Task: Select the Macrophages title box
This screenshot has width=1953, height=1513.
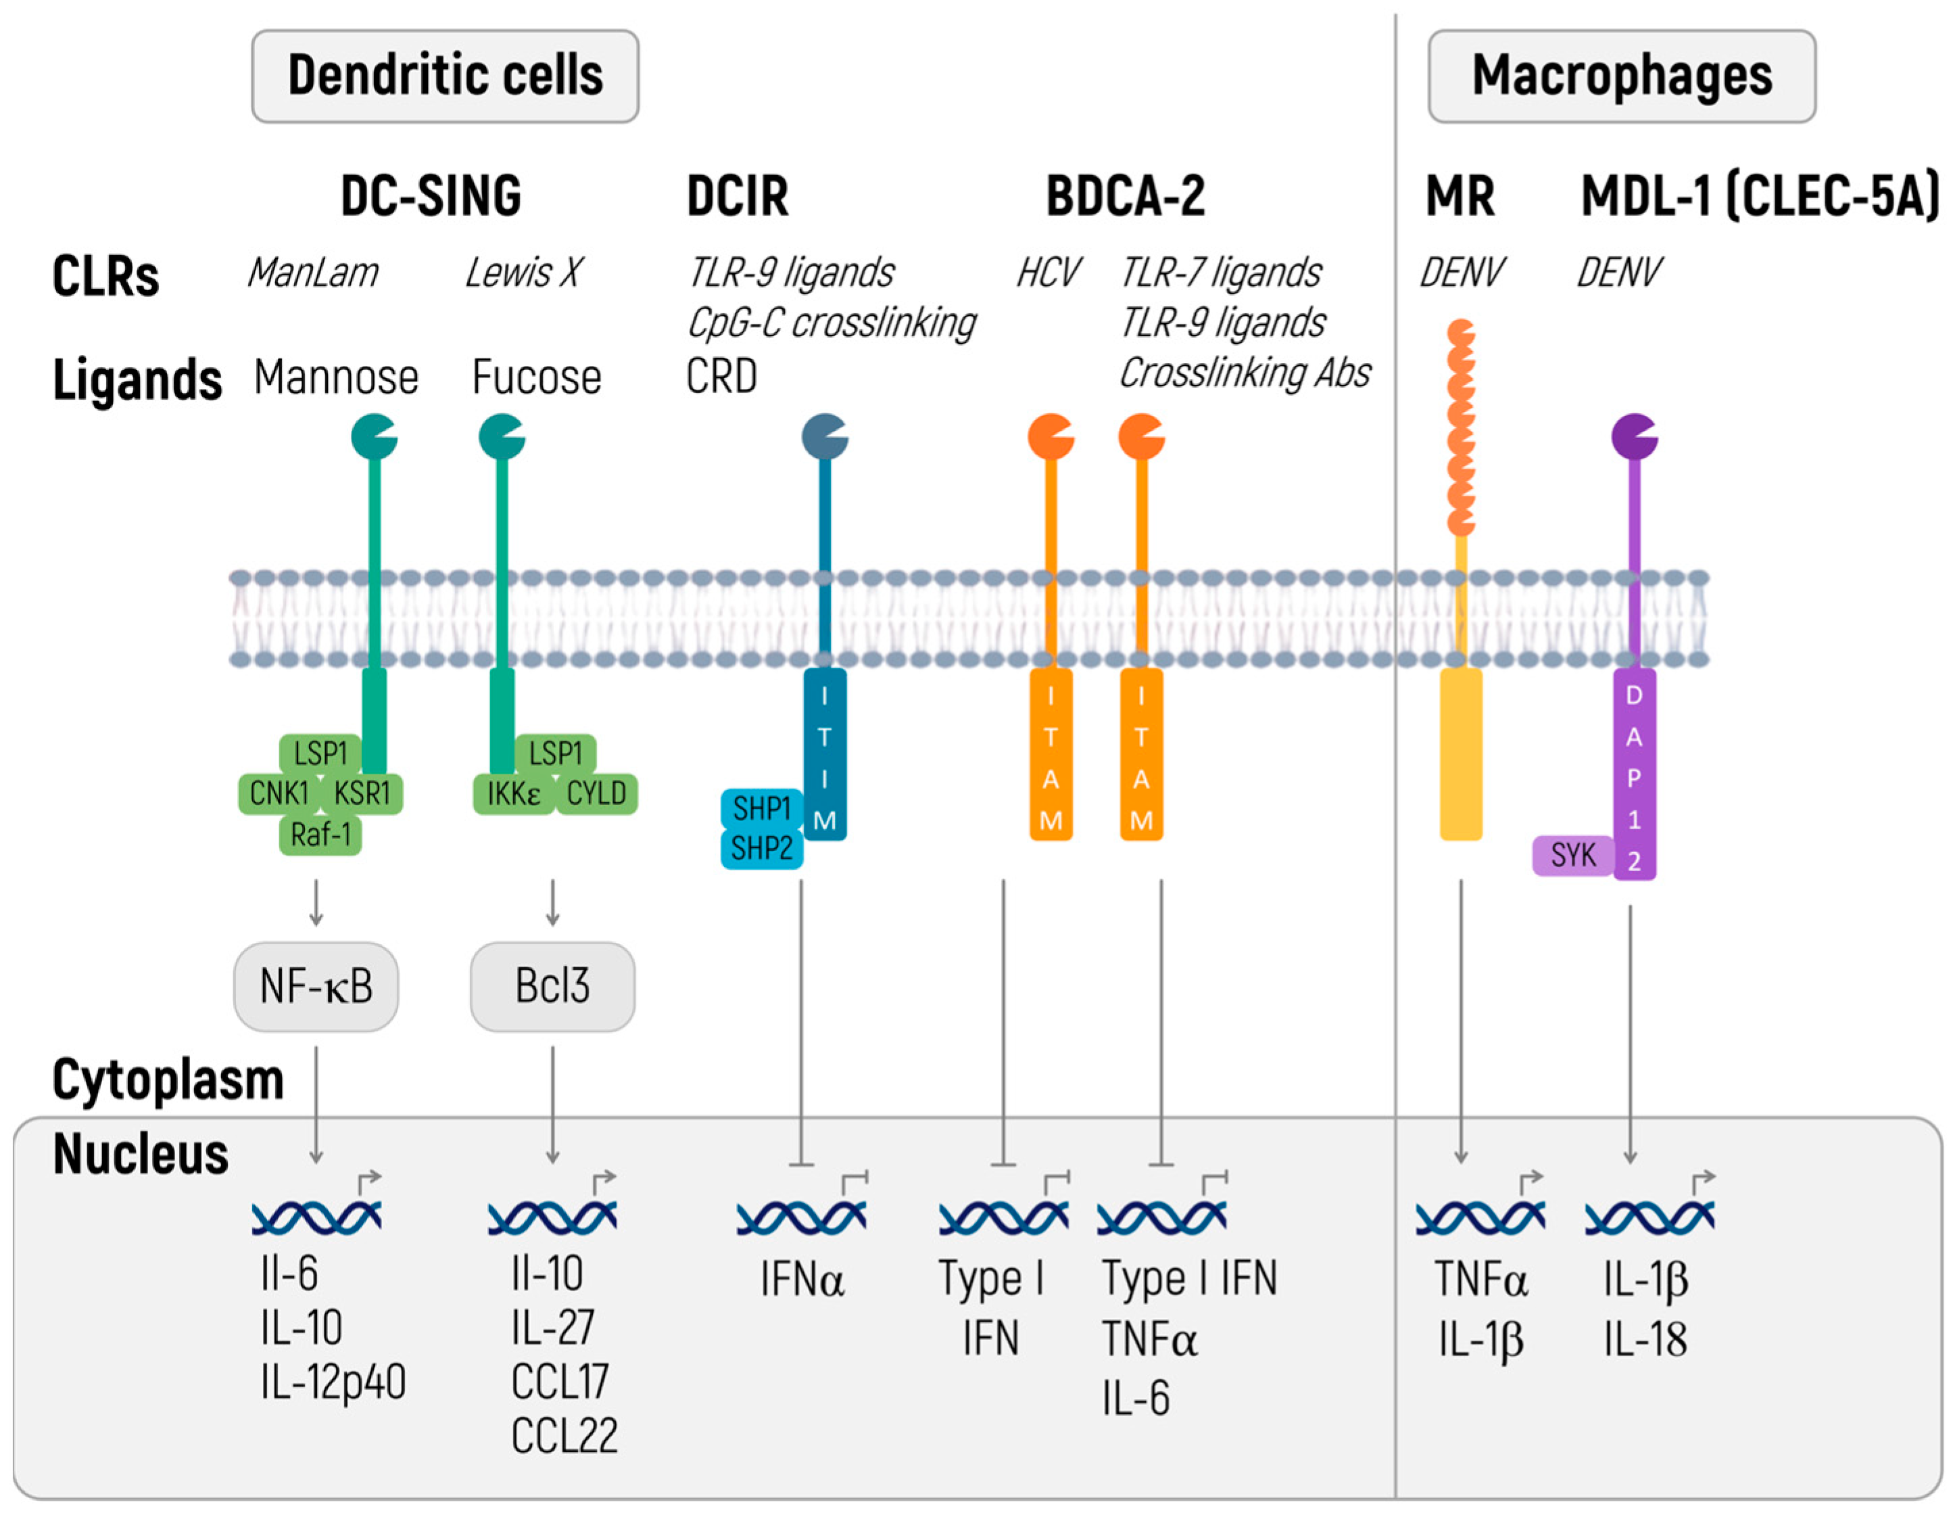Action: coord(1621,76)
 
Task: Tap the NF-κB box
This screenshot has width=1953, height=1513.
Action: coord(316,986)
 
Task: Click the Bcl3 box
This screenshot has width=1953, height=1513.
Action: coord(552,986)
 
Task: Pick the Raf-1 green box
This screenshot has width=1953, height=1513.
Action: coord(320,835)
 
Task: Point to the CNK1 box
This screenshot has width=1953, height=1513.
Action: coord(278,793)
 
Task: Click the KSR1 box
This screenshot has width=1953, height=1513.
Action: coord(362,793)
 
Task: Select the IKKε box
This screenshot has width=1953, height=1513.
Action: coord(512,793)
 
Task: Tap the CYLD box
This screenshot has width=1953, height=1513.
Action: coord(596,793)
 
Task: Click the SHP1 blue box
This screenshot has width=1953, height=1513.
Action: coord(761,809)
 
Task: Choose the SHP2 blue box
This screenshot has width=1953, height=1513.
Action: coord(761,848)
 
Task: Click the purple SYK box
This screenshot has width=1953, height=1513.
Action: coord(1573,856)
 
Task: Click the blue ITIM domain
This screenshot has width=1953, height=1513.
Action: coord(825,756)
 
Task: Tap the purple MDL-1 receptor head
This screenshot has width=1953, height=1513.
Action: coord(1633,437)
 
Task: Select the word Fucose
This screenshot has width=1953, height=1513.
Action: coord(537,377)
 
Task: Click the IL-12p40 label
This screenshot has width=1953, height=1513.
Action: coord(333,1382)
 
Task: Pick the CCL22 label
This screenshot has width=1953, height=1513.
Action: coord(564,1436)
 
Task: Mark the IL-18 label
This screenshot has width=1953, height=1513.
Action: coord(1645,1339)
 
